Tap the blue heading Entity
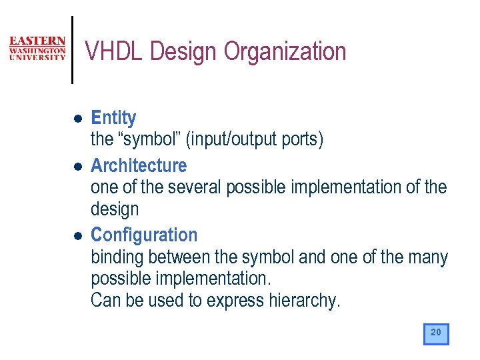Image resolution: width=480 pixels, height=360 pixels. point(113,118)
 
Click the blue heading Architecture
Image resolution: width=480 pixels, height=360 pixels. point(139,165)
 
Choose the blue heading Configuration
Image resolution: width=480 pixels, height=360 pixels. point(144,235)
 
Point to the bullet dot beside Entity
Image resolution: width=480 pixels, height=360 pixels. point(77,119)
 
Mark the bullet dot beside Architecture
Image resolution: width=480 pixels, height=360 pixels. point(77,166)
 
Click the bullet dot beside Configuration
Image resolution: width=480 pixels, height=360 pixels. point(77,236)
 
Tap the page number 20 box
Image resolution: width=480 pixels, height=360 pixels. point(436,333)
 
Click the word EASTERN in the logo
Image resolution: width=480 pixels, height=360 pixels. point(37,41)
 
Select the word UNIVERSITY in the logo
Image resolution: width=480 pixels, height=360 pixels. point(37,58)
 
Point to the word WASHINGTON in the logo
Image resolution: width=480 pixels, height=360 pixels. point(37,50)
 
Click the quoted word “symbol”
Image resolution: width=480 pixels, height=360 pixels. point(151,140)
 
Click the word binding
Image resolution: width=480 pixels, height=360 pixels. point(117,257)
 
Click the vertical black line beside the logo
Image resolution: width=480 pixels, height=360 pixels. point(72,50)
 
